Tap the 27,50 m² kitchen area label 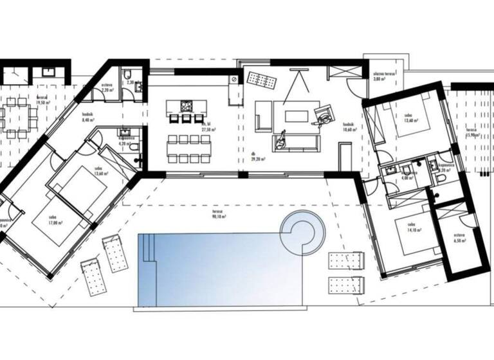pos(208,127)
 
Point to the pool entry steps pos(148,248)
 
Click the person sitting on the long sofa pos(281,141)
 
